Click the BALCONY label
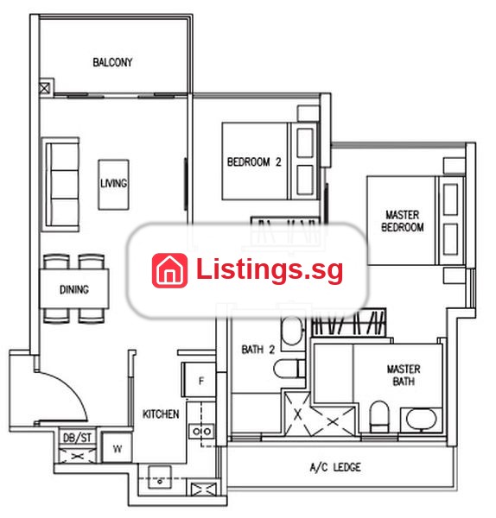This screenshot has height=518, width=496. [112, 62]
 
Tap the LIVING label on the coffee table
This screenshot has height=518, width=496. [114, 183]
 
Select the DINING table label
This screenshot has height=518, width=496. [74, 290]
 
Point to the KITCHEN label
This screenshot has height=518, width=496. [161, 414]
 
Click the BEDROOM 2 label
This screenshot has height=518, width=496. [254, 162]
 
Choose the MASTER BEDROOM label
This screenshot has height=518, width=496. [403, 221]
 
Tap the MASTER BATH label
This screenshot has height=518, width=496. [404, 375]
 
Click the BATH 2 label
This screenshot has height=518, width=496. [258, 350]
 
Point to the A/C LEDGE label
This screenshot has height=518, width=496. [335, 467]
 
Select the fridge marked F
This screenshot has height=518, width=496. [200, 380]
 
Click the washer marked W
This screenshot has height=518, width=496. [117, 447]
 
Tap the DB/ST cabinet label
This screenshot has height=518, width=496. [77, 438]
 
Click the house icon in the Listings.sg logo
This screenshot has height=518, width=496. [169, 270]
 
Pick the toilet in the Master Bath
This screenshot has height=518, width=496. [379, 417]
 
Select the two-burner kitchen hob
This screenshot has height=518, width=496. [201, 431]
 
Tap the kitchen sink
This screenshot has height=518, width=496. [160, 477]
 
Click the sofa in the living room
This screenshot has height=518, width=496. [61, 185]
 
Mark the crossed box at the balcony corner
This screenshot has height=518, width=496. [45, 88]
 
